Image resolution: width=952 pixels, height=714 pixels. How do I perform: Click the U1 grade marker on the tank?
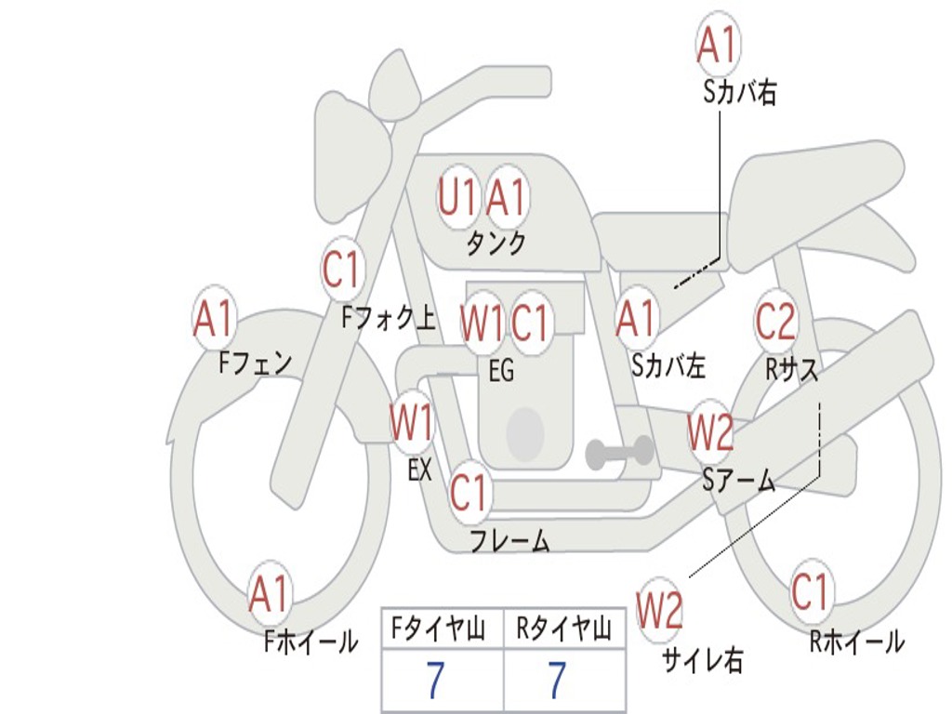pos(457,197)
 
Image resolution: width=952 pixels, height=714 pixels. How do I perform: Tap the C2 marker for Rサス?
pos(775,321)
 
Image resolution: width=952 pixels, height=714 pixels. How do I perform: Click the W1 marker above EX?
pos(412,423)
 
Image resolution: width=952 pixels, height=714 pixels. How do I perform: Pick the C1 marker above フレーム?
pos(469,493)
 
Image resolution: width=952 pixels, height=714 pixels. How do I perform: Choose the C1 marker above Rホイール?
pos(810,591)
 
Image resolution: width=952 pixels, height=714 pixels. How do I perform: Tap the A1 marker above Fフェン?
pos(215,319)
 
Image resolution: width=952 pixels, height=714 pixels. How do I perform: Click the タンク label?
pos(496,244)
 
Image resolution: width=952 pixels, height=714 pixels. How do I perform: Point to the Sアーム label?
pos(739,481)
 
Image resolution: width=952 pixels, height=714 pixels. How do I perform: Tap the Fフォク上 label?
pos(388,319)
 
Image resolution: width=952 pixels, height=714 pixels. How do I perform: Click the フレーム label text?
pos(509,539)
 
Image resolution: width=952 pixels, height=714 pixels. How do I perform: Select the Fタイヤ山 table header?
pos(441,630)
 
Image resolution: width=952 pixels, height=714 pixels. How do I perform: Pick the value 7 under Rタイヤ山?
pos(556,681)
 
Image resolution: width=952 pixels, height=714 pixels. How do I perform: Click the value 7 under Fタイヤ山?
pos(436,681)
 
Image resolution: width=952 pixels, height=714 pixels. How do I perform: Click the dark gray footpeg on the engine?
pos(619,452)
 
